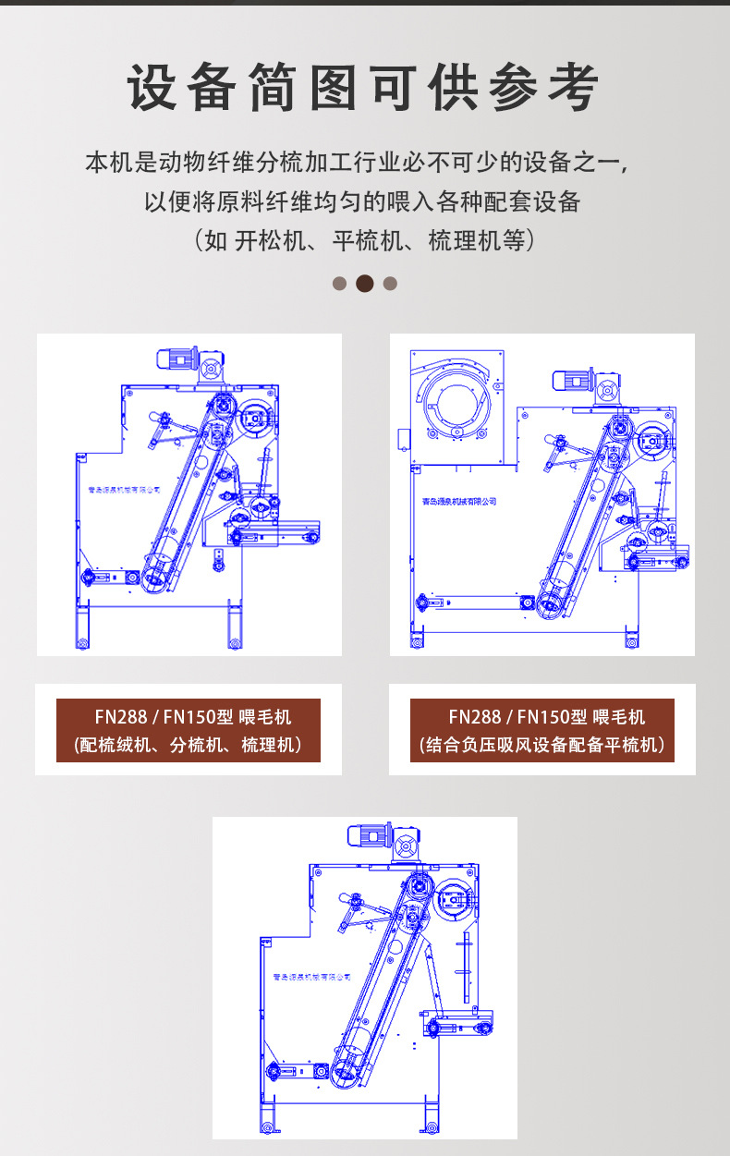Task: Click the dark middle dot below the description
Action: (x=365, y=284)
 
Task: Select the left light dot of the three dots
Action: (x=340, y=284)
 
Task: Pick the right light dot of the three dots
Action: (x=390, y=284)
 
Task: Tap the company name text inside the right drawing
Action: (x=454, y=502)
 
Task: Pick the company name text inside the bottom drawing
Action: (x=312, y=978)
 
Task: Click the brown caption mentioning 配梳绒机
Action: (x=189, y=731)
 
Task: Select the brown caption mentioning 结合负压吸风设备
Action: (x=541, y=731)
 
